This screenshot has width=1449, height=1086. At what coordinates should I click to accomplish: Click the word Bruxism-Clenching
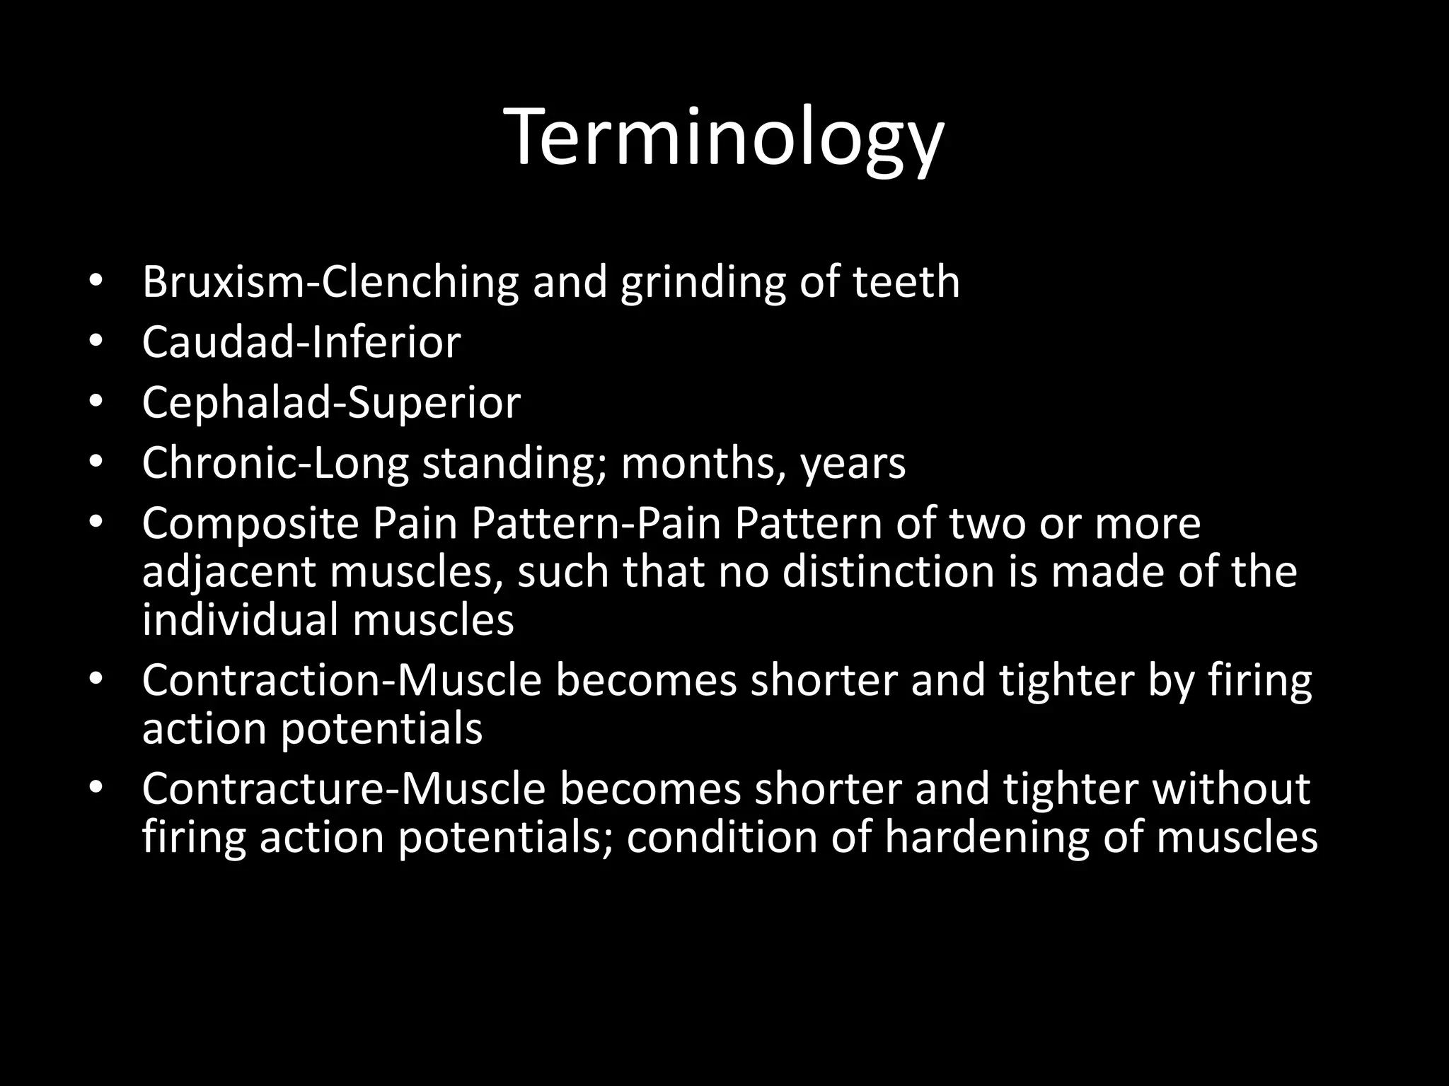(x=330, y=282)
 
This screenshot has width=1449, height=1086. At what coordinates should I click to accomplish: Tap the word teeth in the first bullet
(x=906, y=282)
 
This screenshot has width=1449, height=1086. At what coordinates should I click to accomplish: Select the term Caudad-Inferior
(x=301, y=343)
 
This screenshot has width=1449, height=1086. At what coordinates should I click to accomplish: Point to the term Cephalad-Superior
(x=330, y=403)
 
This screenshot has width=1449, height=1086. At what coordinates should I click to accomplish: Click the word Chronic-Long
(x=275, y=464)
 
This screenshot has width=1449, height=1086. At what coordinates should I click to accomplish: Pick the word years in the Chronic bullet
(x=853, y=464)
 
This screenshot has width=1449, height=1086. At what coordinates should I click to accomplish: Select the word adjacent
(x=229, y=572)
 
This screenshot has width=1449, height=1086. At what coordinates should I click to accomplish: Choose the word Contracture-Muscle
(x=343, y=789)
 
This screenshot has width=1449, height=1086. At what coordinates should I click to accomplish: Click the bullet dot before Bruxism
(x=96, y=282)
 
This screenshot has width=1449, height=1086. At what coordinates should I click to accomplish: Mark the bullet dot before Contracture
(x=96, y=788)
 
